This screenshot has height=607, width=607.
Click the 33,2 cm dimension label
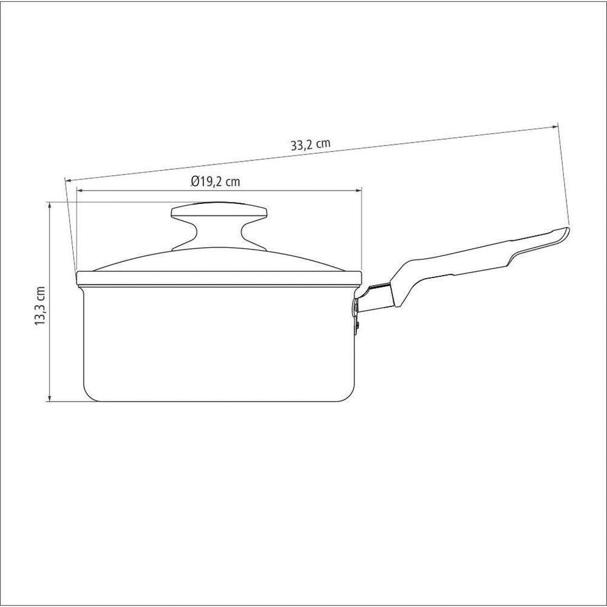pyautogui.click(x=310, y=145)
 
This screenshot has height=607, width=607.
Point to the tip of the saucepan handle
pyautogui.click(x=565, y=231)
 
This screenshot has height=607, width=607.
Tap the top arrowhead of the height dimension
pyautogui.click(x=49, y=205)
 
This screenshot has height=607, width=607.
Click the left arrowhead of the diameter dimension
pyautogui.click(x=79, y=190)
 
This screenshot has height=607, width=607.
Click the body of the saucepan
pyautogui.click(x=219, y=343)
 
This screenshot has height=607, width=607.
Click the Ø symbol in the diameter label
pyautogui.click(x=193, y=181)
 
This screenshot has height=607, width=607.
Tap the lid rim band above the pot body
pyautogui.click(x=219, y=280)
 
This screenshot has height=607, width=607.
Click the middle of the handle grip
pyautogui.click(x=461, y=263)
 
